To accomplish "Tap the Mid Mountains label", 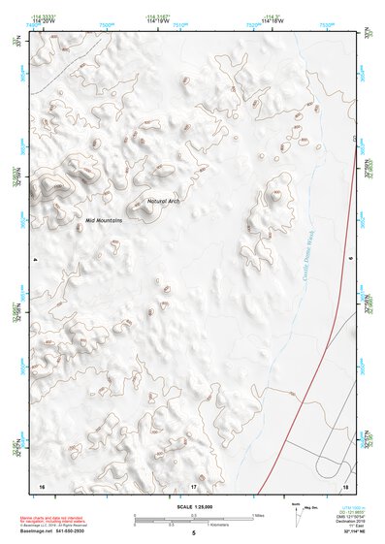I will pos(104,220).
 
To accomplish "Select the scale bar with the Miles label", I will pos(194,516).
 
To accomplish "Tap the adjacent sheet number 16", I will pos(42,485).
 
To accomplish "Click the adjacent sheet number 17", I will pos(193,485).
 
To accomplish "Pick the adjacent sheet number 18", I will pos(344,485).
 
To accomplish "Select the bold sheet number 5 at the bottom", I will pos(193,533).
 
